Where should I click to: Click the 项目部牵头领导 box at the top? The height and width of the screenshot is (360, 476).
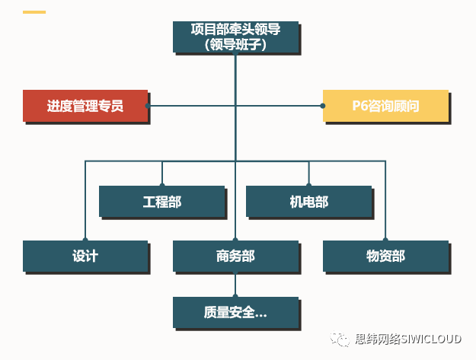click(x=235, y=37)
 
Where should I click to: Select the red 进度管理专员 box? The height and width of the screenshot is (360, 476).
click(x=85, y=106)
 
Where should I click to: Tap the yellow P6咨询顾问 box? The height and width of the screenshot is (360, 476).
click(x=385, y=106)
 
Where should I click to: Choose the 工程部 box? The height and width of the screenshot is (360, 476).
click(x=161, y=202)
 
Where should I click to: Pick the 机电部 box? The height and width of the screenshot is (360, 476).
click(x=308, y=202)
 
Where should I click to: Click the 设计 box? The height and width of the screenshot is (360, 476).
click(x=85, y=256)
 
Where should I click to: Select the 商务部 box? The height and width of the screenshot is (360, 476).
click(x=235, y=256)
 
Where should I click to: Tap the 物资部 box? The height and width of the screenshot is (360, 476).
click(x=385, y=256)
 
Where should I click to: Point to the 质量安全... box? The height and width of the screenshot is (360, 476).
click(x=235, y=312)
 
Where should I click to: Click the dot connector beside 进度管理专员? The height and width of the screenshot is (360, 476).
click(x=148, y=106)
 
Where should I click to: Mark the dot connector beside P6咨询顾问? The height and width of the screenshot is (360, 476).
click(x=323, y=106)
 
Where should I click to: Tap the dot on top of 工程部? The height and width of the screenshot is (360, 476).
click(x=161, y=185)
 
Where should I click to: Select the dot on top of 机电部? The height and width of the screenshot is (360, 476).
click(x=308, y=185)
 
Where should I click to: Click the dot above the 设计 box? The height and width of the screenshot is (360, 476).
click(x=85, y=240)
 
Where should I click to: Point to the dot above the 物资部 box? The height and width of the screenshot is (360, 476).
click(x=385, y=240)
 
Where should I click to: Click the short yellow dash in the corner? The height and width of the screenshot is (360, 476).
click(x=34, y=12)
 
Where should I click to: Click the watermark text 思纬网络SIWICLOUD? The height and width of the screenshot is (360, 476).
click(x=408, y=340)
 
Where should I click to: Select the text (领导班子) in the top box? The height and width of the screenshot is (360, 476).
click(x=235, y=44)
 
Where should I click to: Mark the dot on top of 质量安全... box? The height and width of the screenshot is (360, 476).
click(x=235, y=296)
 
